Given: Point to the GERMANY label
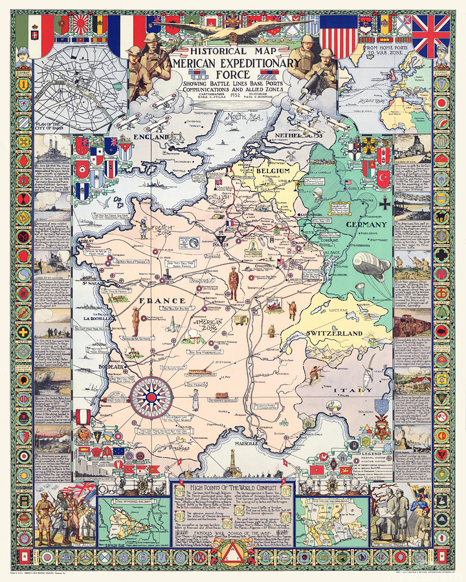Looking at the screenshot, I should [x=370, y=224].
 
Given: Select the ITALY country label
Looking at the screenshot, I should [x=348, y=391].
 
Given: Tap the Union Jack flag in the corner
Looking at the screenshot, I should [x=430, y=36].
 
